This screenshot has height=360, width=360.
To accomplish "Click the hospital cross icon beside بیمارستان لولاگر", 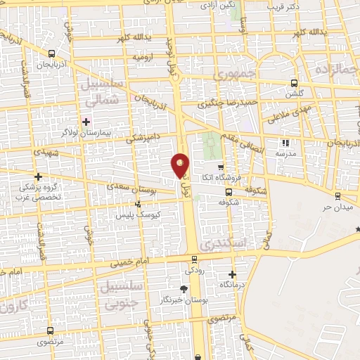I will [86, 122].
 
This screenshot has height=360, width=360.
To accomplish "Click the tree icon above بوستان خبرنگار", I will [184, 288].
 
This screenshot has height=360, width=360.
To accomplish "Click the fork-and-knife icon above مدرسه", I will [285, 142].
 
